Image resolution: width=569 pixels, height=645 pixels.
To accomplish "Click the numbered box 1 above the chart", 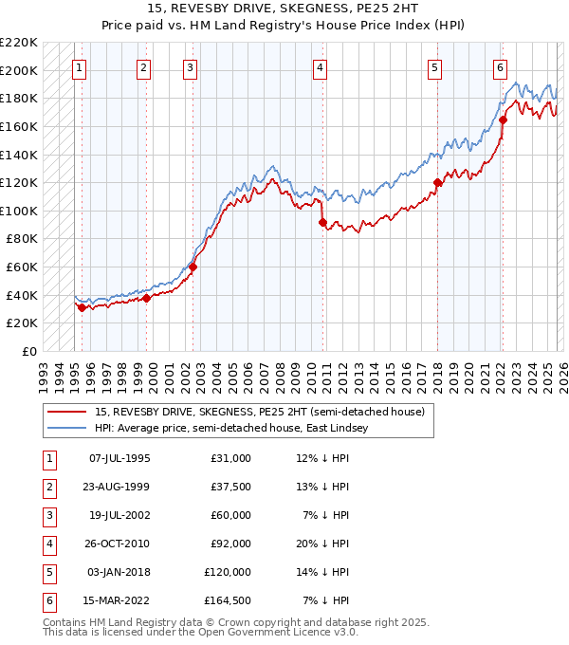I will pos(79,67).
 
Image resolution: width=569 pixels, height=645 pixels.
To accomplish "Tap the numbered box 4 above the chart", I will pos(321,67).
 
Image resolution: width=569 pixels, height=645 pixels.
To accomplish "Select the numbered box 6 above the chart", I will pos(499,67).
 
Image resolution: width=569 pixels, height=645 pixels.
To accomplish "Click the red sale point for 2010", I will pos(322,222).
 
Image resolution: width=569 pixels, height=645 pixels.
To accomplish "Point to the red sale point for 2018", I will pos(437,183).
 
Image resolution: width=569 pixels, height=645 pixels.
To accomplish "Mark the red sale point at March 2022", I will pos(504,120).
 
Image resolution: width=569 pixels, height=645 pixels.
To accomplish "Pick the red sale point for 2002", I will pos(193,267).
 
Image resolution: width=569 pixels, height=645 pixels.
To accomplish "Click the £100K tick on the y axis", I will pos(19,211).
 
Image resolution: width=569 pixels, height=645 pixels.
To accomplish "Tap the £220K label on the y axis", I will pos(19,43).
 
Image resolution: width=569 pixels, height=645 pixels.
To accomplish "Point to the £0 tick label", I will pos(29,351).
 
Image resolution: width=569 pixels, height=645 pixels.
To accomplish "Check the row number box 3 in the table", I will pos(48,515).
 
